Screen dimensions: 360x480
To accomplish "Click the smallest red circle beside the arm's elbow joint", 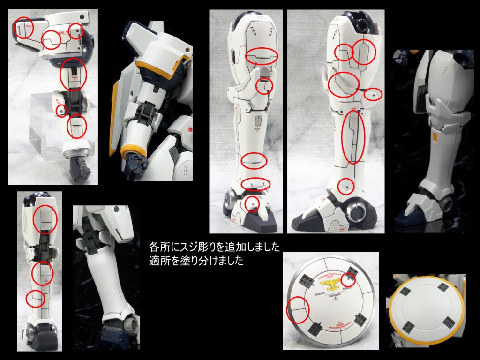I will (x=61, y=111).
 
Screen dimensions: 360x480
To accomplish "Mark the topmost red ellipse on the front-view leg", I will (x=262, y=56).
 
